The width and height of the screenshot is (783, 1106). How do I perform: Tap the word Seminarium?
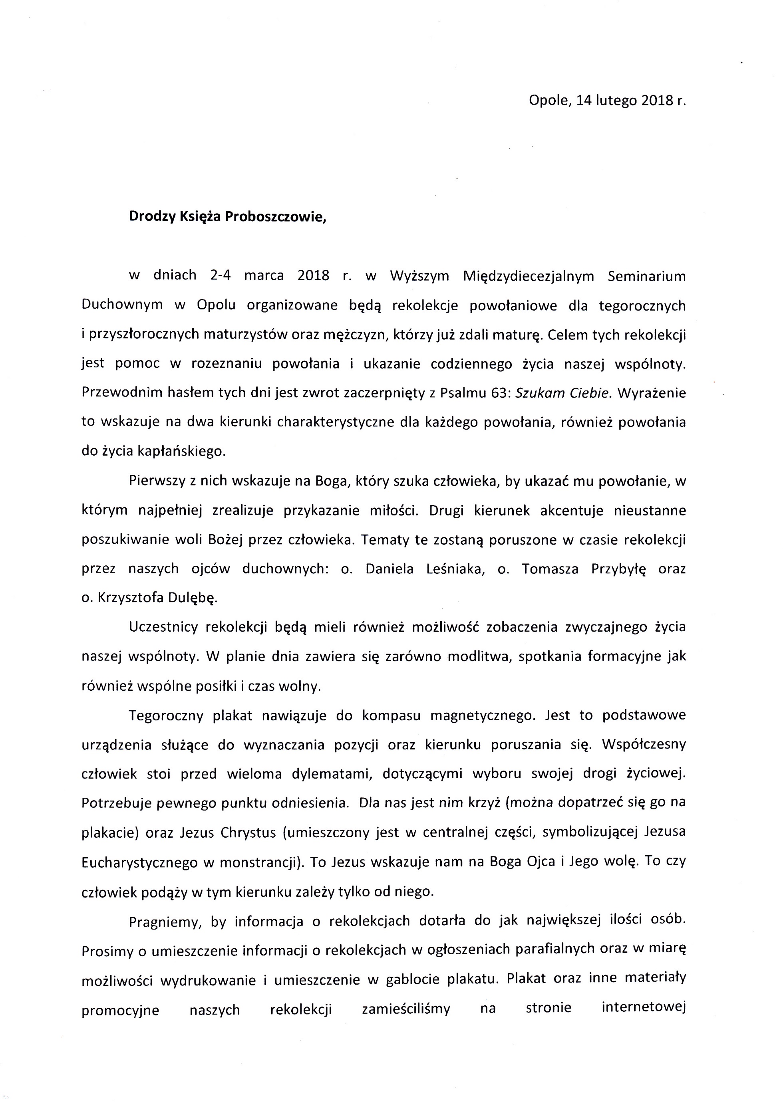click(646, 276)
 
